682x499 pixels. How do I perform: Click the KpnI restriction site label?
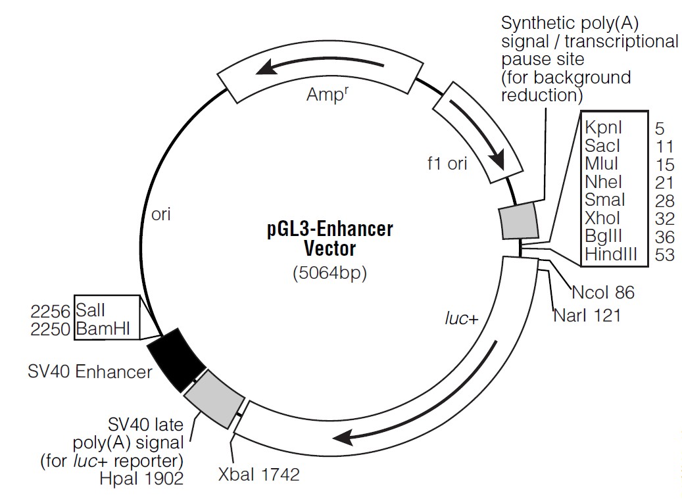(x=604, y=128)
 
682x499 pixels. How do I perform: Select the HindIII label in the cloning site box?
(x=610, y=254)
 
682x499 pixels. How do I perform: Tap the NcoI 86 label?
(x=603, y=291)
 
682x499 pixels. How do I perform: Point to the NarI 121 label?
(x=587, y=316)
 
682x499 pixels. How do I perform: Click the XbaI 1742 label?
(x=258, y=474)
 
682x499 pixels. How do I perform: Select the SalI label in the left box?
(x=90, y=308)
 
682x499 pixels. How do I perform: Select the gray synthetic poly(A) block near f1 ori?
(x=519, y=222)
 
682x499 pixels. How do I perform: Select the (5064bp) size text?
(x=329, y=273)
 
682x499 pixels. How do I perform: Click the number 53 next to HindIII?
(x=665, y=254)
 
